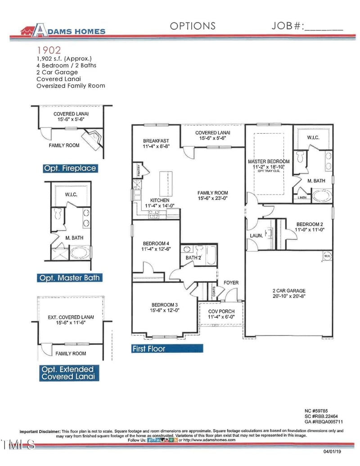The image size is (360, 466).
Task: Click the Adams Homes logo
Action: click(63, 30)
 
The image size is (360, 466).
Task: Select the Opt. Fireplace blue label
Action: click(70, 168)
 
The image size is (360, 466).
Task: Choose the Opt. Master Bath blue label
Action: click(69, 278)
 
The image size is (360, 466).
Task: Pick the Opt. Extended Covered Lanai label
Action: click(68, 373)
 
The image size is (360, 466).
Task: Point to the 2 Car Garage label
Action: click(289, 294)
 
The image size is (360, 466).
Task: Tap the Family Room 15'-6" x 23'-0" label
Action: click(212, 195)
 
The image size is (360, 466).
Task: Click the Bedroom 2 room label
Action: click(309, 226)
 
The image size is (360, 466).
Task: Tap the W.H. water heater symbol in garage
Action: click(327, 256)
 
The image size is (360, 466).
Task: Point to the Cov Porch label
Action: click(221, 314)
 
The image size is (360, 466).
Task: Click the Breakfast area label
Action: click(155, 144)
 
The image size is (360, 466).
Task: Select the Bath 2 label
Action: click(194, 258)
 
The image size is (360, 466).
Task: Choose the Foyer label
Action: click(231, 283)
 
